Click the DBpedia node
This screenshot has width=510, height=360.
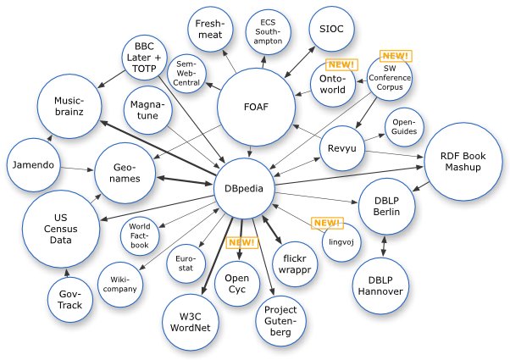(243, 189)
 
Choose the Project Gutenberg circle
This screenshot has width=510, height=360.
(280, 319)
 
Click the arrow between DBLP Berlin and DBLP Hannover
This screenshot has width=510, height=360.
(385, 244)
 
